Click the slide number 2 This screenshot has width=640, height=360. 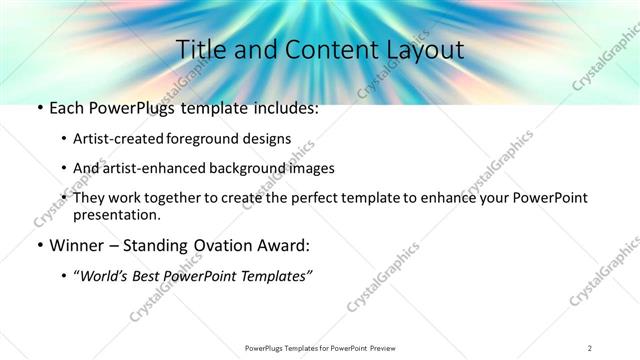589,347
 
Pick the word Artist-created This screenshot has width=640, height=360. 119,138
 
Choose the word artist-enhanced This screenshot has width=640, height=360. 152,168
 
